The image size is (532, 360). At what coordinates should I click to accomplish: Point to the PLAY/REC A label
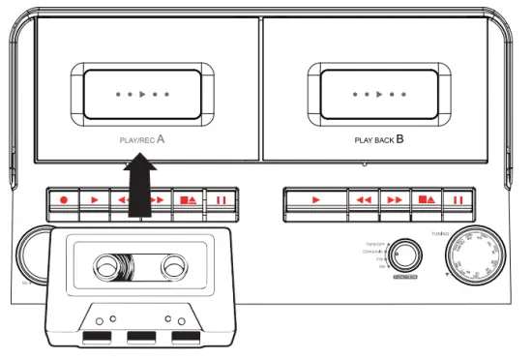click(x=141, y=139)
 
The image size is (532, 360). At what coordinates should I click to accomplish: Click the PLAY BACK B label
click(x=379, y=139)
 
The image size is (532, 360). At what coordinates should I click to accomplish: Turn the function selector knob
click(x=407, y=256)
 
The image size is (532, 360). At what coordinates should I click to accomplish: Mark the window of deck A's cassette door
click(x=141, y=96)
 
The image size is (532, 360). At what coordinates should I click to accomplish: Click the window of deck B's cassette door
click(x=378, y=96)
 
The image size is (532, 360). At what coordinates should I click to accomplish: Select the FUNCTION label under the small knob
click(x=405, y=278)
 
